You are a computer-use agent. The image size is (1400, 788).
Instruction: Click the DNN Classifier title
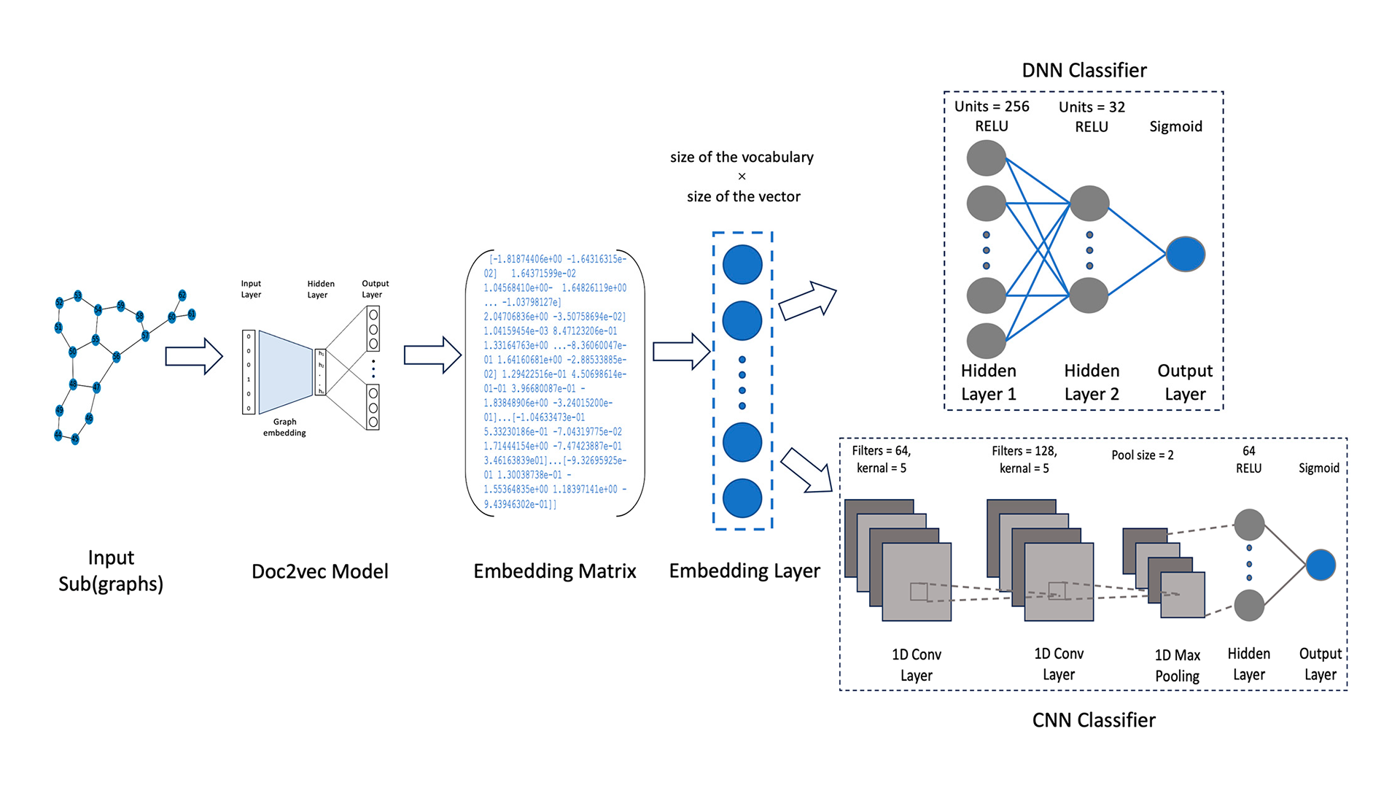(1084, 70)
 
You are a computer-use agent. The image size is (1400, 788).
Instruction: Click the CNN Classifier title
(1093, 720)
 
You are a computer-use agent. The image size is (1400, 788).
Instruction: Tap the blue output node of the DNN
(1185, 254)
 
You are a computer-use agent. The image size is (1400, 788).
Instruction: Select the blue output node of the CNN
(1320, 565)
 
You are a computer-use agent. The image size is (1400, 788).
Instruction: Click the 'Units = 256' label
(991, 107)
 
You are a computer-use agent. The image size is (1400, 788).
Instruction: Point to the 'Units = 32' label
(1092, 107)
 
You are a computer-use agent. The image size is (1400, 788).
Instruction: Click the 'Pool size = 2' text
(1142, 455)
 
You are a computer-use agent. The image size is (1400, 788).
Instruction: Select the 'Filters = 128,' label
(1024, 451)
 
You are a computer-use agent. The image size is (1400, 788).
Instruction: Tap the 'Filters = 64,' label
(881, 451)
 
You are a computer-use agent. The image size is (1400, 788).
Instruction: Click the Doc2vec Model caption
(319, 571)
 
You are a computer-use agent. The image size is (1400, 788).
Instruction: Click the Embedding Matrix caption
(554, 571)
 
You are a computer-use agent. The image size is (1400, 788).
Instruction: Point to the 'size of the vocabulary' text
(742, 157)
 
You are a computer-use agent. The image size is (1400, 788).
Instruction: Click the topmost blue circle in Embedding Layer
(742, 264)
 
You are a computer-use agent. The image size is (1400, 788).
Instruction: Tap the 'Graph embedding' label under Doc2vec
(284, 427)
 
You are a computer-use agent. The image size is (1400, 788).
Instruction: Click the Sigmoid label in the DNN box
(1175, 126)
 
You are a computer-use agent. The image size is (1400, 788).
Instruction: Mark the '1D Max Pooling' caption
(1177, 665)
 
